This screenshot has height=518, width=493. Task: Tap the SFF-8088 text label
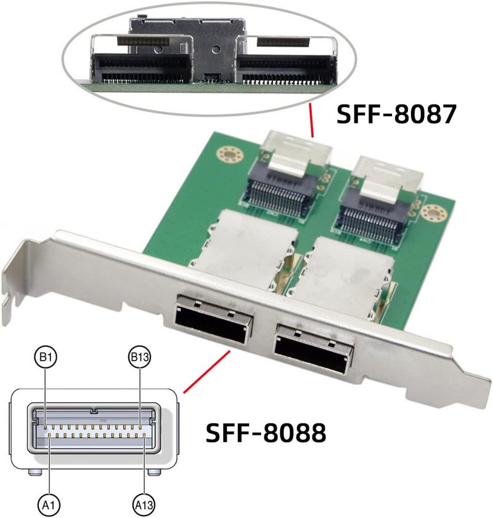point(265,432)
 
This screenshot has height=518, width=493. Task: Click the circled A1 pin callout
point(49,505)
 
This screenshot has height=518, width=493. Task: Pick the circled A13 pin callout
point(144,505)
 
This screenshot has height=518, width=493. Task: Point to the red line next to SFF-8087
point(312,121)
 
